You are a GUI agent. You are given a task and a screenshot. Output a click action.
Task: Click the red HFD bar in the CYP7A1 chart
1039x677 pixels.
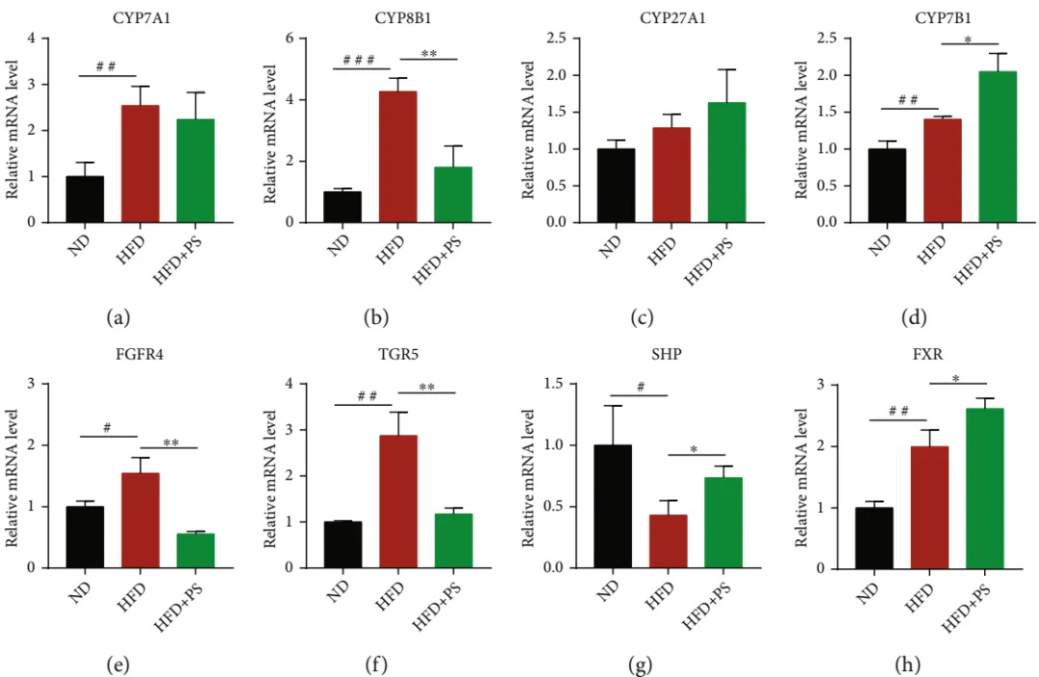[140, 163]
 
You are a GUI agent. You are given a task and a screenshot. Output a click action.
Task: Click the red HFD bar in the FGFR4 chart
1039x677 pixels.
[140, 520]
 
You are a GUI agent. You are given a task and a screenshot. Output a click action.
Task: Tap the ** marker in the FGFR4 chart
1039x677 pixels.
[170, 442]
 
